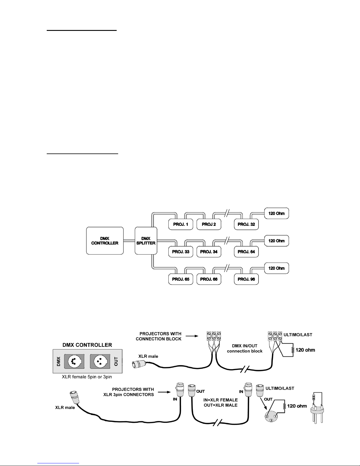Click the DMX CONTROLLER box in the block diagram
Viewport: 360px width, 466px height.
click(105, 241)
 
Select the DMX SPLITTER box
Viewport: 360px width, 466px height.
click(146, 241)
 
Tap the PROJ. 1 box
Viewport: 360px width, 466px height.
click(180, 224)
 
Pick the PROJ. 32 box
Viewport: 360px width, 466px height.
click(246, 224)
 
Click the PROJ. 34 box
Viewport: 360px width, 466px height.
click(208, 252)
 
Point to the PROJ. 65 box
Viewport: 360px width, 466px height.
click(180, 279)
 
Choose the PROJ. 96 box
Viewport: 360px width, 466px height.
click(246, 279)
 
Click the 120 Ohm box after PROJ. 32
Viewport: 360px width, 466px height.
click(276, 213)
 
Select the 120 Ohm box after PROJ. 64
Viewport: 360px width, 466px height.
click(276, 241)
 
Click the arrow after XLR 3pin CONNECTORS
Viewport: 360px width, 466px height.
click(164, 392)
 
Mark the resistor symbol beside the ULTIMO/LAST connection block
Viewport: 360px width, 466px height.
click(293, 350)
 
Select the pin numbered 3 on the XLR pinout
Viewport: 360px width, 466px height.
click(271, 420)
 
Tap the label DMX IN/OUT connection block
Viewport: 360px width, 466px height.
click(245, 349)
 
